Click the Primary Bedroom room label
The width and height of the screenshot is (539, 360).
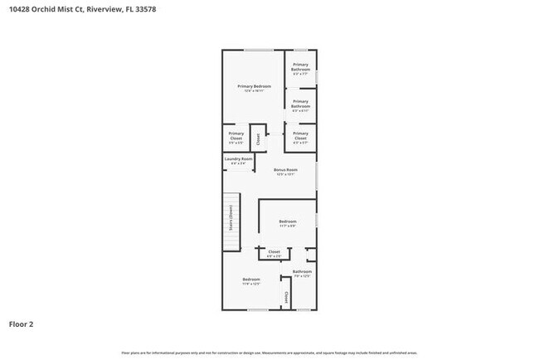[x=255, y=86]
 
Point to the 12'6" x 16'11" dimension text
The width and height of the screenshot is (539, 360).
[x=255, y=91]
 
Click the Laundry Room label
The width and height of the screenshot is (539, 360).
[x=236, y=158]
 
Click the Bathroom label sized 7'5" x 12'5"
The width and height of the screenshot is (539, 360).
[x=302, y=271]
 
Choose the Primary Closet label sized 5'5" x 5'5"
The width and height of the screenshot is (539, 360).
[x=236, y=134]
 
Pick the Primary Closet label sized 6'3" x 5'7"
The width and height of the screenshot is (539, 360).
[x=300, y=134]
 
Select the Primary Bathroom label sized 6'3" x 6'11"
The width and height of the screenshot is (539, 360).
[x=300, y=104]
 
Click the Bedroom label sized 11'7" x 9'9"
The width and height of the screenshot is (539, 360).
[x=288, y=221]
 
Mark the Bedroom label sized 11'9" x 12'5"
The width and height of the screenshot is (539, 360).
[x=251, y=280]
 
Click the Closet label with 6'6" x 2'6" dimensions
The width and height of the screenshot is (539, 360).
[x=274, y=251]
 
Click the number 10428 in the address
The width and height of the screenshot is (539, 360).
[x=20, y=10]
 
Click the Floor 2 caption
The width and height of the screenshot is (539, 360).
[x=22, y=324]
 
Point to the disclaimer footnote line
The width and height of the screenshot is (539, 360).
[x=269, y=352]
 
